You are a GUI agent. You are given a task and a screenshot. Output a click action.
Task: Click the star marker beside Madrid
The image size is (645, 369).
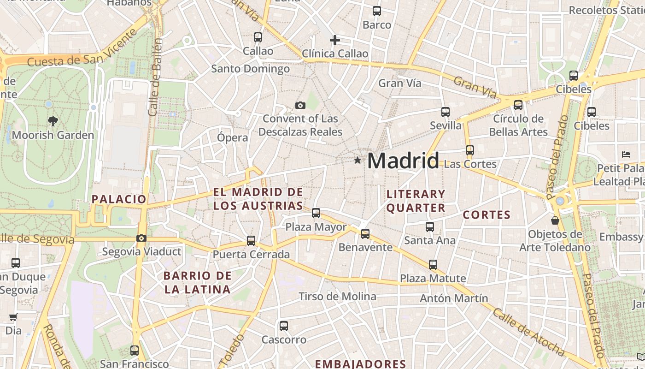tap(358, 160)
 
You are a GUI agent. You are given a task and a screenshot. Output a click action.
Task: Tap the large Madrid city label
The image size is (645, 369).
tap(403, 161)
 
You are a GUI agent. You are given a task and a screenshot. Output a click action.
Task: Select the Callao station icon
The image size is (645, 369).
tap(258, 37)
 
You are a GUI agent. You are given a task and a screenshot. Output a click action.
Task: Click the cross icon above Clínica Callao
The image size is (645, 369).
tap(335, 40)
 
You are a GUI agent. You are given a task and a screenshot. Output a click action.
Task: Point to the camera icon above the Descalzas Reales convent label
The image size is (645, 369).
tap(300, 106)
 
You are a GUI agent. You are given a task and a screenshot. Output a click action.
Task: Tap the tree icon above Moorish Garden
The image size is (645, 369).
tap(53, 121)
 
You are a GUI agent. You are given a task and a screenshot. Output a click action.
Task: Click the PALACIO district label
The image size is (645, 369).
tap(119, 199)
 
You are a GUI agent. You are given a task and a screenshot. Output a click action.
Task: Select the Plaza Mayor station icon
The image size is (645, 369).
tap(316, 213)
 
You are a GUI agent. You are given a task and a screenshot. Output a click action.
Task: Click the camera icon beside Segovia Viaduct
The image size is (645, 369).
tap(141, 238)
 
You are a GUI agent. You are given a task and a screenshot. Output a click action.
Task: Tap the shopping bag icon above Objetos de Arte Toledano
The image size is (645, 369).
tap(555, 220)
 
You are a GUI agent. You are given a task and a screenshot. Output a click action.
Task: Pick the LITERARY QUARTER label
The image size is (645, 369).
tap(416, 201)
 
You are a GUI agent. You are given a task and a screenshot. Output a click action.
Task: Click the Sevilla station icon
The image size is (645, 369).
tap(446, 112)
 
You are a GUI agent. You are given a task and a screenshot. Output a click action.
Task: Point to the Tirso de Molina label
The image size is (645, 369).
tap(337, 296)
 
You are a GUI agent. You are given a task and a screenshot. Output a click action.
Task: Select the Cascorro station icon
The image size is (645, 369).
tap(284, 326)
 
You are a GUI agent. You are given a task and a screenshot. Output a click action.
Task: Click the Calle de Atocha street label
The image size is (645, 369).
tap(528, 332)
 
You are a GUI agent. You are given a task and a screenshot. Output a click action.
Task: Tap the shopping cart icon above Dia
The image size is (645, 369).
tap(13, 317)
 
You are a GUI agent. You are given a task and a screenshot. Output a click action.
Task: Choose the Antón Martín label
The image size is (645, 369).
tap(453, 298)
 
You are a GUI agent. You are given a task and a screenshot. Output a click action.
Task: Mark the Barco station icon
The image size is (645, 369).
tap(377, 11)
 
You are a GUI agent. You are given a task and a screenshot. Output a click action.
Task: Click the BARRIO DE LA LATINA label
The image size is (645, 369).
tap(198, 283)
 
